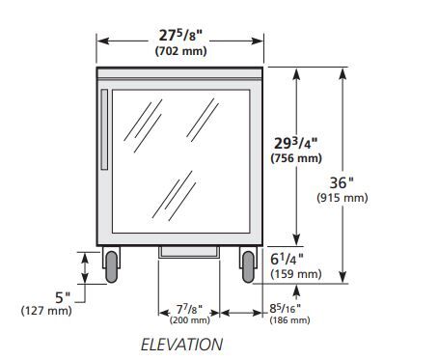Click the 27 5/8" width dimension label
pyautogui.click(x=180, y=35)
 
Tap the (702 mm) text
pyautogui.click(x=180, y=51)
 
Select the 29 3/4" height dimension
pyautogui.click(x=295, y=143)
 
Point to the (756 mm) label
pyautogui.click(x=296, y=158)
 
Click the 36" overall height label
pyautogui.click(x=342, y=183)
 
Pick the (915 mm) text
pyautogui.click(x=343, y=198)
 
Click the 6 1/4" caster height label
pyautogui.click(x=287, y=260)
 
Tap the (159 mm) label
pyautogui.click(x=296, y=274)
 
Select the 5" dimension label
pyautogui.click(x=63, y=297)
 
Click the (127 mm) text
pyautogui.click(x=46, y=311)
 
